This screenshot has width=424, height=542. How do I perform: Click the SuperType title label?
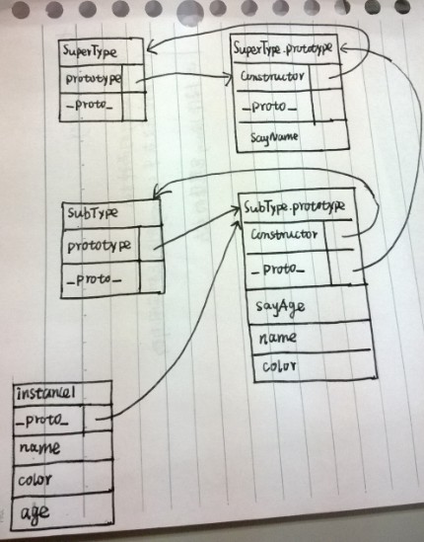(90, 52)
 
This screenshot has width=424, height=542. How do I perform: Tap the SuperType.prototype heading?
(283, 48)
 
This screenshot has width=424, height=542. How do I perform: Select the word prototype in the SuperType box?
(94, 79)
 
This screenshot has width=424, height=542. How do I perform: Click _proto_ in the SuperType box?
(89, 104)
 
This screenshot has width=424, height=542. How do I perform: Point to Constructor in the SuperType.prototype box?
(272, 76)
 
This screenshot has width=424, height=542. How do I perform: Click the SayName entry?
(274, 137)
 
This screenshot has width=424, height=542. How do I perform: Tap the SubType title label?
(92, 213)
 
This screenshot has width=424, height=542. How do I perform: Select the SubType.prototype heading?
(294, 207)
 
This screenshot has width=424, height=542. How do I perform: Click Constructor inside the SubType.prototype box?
(284, 235)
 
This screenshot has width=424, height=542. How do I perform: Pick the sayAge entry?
(280, 307)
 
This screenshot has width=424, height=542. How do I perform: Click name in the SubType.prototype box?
(278, 338)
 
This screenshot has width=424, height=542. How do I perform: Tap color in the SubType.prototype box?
(279, 366)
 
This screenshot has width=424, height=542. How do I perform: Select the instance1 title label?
(45, 393)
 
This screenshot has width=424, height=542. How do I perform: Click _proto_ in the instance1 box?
(41, 420)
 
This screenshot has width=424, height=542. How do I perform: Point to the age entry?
(35, 513)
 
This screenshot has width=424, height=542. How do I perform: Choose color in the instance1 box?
(35, 480)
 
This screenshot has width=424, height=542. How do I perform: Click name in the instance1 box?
(39, 448)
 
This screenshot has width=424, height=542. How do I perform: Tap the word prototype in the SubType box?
(99, 246)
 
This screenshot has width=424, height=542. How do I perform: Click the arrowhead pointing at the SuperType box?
(151, 48)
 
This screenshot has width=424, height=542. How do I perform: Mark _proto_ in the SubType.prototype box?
(278, 270)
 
